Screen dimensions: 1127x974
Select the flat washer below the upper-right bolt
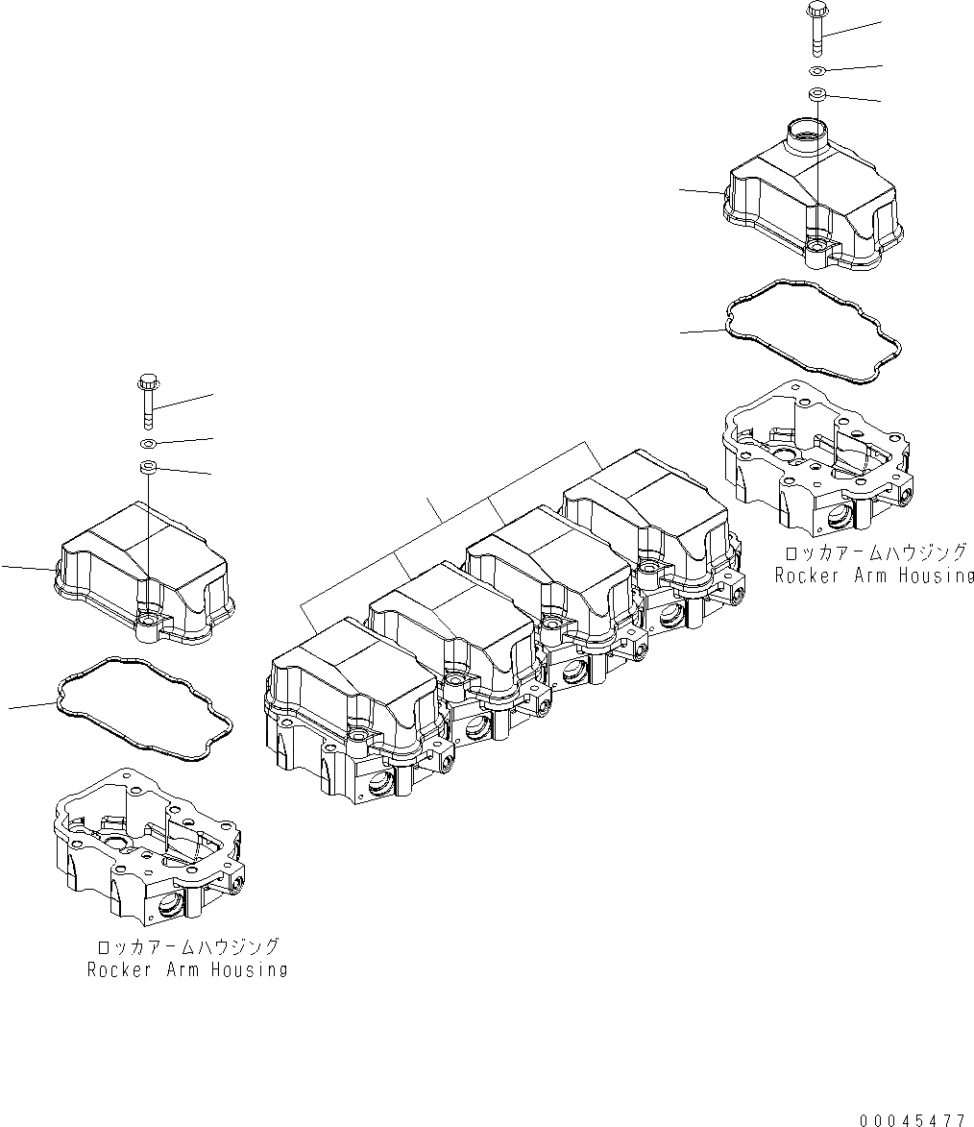pyautogui.click(x=816, y=71)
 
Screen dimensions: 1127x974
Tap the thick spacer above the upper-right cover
pyautogui.click(x=817, y=94)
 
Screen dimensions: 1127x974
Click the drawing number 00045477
pyautogui.click(x=912, y=1118)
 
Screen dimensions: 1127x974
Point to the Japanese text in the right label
pyautogui.click(x=874, y=553)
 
